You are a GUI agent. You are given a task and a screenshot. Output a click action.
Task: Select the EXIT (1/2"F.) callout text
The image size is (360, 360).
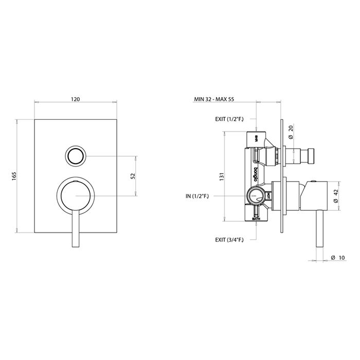click(x=229, y=119)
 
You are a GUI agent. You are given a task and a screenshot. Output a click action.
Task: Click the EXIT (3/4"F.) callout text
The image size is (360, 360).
click(x=229, y=240)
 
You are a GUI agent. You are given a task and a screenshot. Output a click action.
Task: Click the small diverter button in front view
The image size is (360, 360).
click(x=76, y=155)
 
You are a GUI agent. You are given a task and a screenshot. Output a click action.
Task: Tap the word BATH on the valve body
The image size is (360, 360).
click(x=256, y=219)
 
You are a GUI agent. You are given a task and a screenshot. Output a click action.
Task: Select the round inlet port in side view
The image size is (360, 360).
click(x=256, y=195)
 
